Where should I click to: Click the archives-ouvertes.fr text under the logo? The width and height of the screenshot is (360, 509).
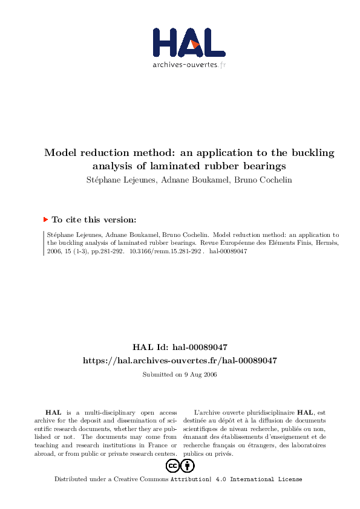tap(189, 64)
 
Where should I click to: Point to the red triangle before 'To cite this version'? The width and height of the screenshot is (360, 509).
tap(46, 220)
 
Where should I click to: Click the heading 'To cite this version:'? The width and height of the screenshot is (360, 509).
tap(94, 220)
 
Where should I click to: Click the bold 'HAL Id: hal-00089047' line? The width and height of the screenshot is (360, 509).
tap(180, 347)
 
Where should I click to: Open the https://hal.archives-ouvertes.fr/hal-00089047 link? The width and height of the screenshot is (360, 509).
tap(180, 360)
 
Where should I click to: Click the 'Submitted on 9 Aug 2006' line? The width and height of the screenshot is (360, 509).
tap(180, 375)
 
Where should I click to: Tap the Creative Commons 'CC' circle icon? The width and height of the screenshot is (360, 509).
tap(172, 465)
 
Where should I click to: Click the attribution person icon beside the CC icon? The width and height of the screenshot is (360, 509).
tap(188, 465)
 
